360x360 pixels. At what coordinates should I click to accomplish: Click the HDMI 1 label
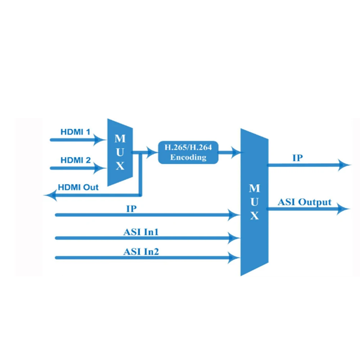[x=75, y=132]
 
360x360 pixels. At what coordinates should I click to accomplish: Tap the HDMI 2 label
[x=76, y=160]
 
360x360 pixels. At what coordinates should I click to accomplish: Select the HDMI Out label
[x=78, y=187]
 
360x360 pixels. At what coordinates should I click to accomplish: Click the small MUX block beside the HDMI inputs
[x=120, y=152]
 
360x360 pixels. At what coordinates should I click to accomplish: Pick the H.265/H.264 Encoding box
[x=188, y=152]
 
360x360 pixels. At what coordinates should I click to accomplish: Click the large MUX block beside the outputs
[x=255, y=202]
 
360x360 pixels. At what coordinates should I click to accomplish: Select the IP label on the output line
[x=298, y=158]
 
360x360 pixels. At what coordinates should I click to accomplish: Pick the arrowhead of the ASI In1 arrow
[x=234, y=238]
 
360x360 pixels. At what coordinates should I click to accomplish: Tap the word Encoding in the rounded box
[x=188, y=157]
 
